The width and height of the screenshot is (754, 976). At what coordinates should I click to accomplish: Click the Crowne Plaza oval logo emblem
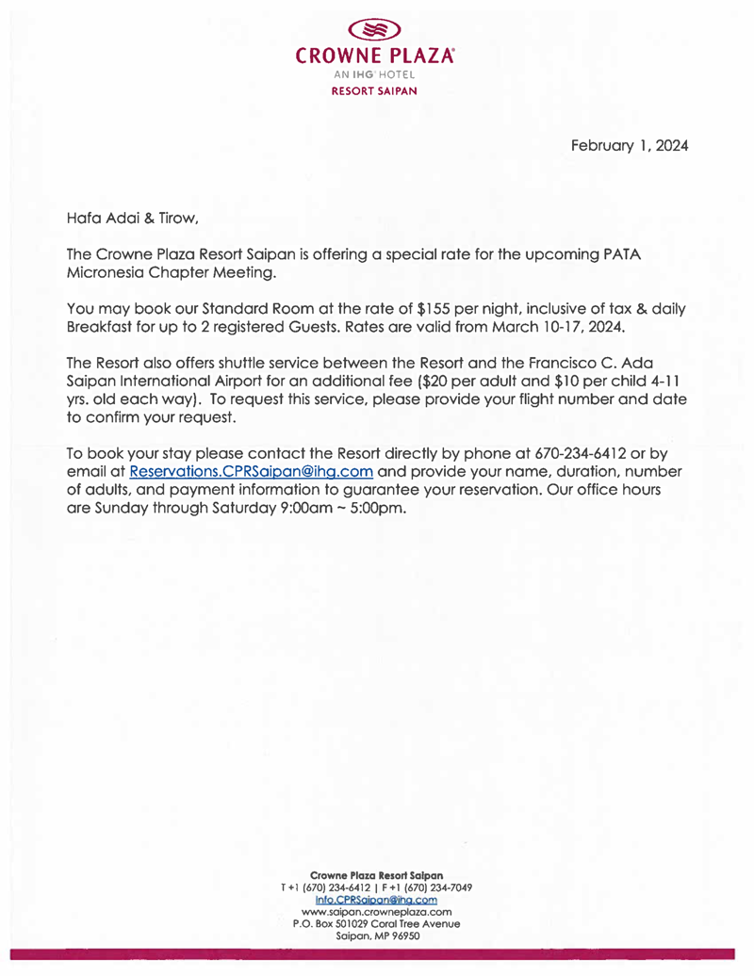point(376,31)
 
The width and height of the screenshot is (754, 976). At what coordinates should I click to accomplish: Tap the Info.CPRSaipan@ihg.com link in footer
point(376,900)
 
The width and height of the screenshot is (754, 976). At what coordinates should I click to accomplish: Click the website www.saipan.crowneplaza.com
point(376,912)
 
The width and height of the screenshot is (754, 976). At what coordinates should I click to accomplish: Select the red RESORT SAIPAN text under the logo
point(376,92)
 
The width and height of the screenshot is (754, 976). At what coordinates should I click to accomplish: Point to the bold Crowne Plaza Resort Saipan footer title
point(376,875)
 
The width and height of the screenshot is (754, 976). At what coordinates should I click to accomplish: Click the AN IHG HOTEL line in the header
point(376,77)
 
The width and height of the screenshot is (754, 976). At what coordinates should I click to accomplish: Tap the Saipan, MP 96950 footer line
point(376,936)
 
